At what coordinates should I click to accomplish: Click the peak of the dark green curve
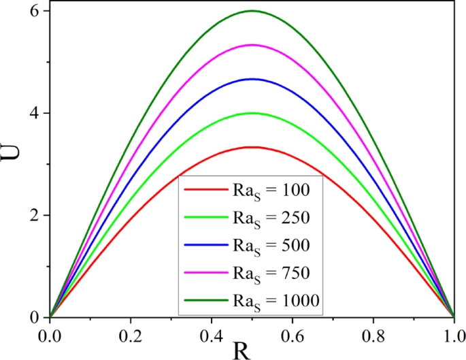252,11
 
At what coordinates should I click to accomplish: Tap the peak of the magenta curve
252,45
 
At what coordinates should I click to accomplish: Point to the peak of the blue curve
252,79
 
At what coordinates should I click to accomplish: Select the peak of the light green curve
252,113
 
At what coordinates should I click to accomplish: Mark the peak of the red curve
252,147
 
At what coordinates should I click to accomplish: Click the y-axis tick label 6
33,11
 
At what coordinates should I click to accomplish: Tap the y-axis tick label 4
33,113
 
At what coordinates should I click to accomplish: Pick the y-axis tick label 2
33,215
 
